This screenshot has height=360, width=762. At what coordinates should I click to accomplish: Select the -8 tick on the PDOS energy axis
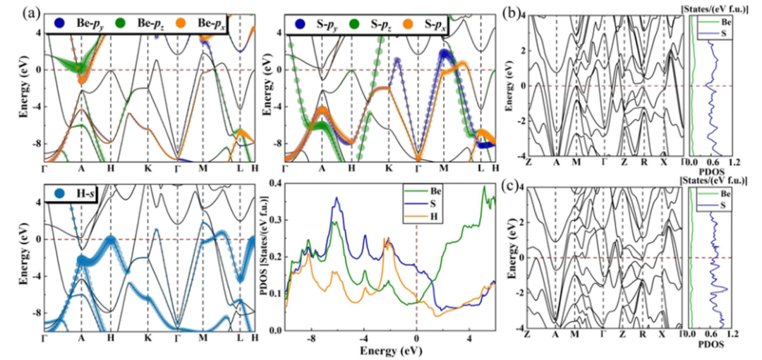click(312, 338)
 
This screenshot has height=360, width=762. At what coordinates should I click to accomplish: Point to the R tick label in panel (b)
click(643, 163)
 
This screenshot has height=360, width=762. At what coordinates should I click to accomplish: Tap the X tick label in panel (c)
click(663, 335)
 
